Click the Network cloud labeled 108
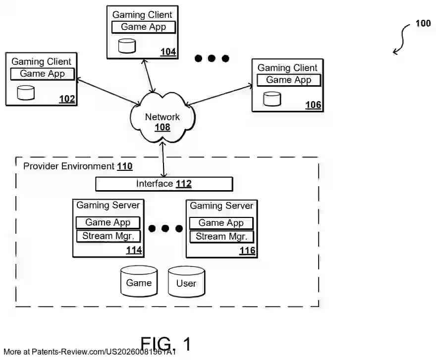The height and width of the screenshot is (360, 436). point(162,119)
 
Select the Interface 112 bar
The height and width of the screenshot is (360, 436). point(164,184)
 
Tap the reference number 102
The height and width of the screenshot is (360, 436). point(67,99)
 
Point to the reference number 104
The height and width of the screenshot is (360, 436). point(168,52)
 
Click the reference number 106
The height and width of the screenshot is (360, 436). point(313,105)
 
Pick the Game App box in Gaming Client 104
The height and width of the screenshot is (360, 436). point(144,27)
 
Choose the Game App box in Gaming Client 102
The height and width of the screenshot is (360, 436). point(43,74)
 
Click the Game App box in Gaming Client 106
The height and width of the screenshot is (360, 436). point(289,80)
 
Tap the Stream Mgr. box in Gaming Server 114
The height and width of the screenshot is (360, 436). point(108,236)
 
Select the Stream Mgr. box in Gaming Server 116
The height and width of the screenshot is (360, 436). point(221,236)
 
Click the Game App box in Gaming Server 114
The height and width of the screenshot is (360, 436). point(108,223)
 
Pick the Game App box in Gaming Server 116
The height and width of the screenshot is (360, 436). point(221,223)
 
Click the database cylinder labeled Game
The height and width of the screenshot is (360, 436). point(139,282)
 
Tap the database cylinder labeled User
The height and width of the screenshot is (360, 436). point(186,283)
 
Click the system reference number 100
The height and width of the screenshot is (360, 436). point(423,23)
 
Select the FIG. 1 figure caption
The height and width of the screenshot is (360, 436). point(165,344)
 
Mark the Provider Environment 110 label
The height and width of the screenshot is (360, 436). point(78,166)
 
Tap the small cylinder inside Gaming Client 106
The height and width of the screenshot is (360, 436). point(272,99)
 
